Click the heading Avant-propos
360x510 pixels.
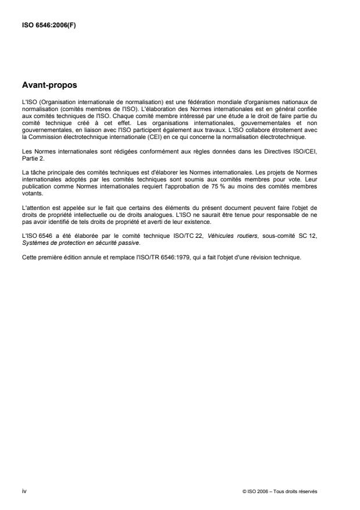pos(49,85)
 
